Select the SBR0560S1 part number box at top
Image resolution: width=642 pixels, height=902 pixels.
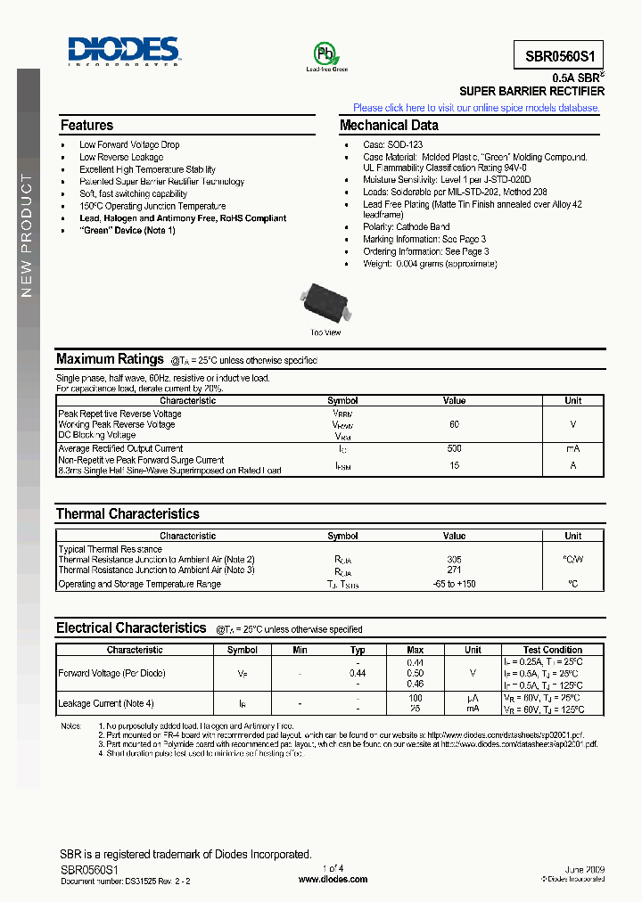559,54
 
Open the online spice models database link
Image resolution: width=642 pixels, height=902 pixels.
476,108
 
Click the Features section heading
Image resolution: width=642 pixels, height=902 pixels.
86,126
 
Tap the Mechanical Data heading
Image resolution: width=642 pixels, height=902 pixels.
389,126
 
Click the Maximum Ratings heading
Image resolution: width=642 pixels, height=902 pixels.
110,359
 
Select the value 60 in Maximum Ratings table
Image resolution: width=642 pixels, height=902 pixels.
454,424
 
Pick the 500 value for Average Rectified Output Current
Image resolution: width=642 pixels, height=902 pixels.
454,448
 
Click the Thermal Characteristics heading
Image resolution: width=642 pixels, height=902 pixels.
128,514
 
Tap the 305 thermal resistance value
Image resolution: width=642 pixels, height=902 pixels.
454,559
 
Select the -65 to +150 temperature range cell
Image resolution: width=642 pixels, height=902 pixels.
454,584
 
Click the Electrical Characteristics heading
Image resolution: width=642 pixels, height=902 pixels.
131,628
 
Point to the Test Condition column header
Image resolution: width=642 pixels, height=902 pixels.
552,650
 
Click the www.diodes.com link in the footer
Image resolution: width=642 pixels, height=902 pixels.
332,879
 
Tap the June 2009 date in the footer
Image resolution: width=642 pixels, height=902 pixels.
584,868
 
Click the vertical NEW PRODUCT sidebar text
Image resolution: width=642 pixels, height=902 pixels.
27,236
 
